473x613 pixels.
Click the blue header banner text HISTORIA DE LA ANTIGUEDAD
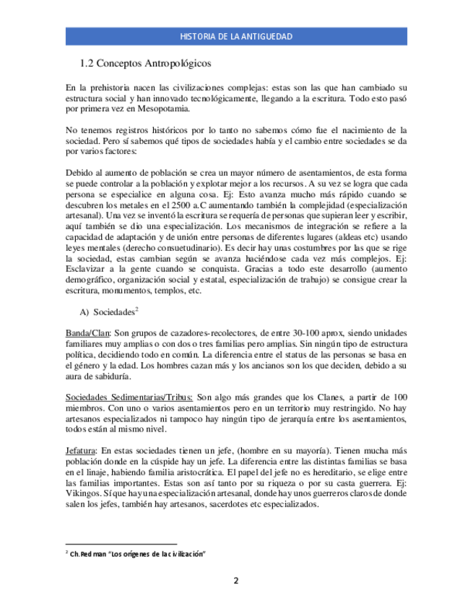coord(235,36)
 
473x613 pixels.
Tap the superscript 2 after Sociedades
coord(136,309)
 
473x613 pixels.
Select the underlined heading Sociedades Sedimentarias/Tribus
coord(129,398)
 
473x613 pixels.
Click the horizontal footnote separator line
coord(121,544)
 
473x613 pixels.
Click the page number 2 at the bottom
coord(235,580)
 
